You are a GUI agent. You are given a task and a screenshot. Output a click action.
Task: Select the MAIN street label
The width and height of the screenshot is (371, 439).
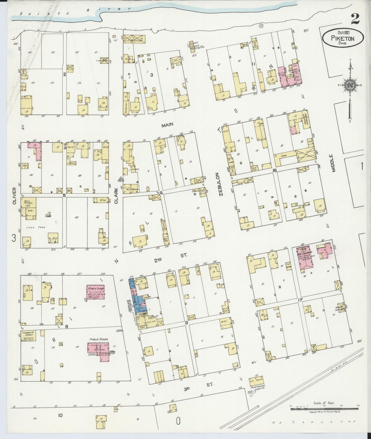click(x=167, y=125)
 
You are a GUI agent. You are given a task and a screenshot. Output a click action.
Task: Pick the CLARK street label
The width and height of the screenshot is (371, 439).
click(x=116, y=196)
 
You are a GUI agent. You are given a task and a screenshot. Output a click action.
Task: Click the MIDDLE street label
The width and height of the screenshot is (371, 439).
click(x=334, y=163)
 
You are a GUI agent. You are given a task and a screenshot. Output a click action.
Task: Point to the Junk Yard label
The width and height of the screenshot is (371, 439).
click(x=32, y=227)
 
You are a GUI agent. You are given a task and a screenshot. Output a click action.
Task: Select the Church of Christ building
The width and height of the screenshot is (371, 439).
click(x=28, y=336)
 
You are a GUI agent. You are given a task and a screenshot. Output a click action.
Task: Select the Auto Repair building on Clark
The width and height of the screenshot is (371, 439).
click(x=132, y=189)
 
